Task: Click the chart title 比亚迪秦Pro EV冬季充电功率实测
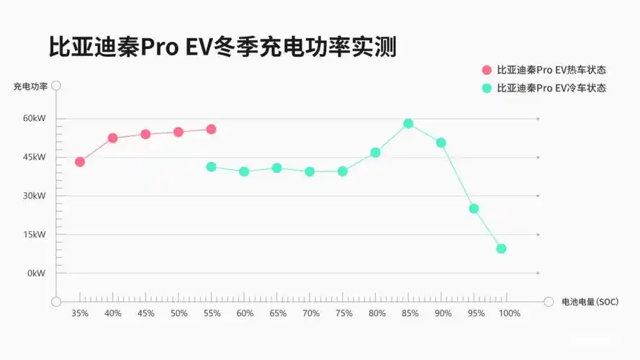point(222,48)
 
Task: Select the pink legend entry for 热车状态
point(544,70)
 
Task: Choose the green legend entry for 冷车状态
point(544,88)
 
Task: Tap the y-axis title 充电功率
point(30,86)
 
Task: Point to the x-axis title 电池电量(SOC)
point(590,302)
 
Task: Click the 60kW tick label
point(34,118)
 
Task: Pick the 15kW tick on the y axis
point(34,235)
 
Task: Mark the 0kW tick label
point(36,274)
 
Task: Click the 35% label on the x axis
point(80,314)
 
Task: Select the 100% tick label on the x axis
point(509,314)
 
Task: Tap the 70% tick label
point(311,314)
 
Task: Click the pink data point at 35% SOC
point(80,162)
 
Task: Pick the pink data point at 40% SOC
point(113,138)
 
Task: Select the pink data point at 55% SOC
point(211,130)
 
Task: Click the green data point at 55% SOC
point(211,167)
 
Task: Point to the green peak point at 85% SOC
point(408,123)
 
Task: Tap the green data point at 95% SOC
point(474,209)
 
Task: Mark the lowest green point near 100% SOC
point(501,248)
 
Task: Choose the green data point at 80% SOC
point(375,153)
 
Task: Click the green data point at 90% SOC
point(441,143)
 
